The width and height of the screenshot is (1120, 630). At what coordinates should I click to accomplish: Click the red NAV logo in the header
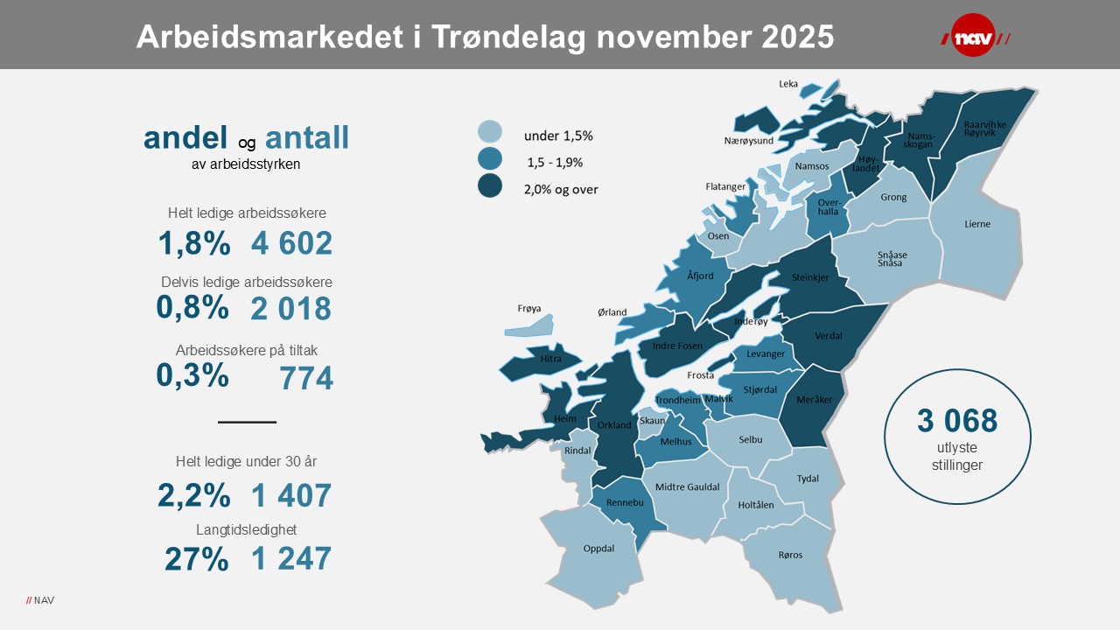pos(974,38)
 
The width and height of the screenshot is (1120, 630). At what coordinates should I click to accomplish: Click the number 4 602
pos(291,243)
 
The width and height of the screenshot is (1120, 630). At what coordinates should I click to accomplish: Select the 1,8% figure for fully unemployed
pos(194,243)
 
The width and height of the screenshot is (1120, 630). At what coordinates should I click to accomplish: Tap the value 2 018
pos(290,308)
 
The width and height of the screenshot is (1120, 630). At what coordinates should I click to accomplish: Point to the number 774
pos(306,378)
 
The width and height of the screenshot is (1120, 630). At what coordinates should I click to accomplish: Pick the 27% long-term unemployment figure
pos(197,558)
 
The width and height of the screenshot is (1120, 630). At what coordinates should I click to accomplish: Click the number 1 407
pos(291,495)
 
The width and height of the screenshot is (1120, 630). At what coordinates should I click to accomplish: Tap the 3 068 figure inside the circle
pos(957,421)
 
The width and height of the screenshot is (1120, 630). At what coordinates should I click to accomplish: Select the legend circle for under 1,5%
pos(490,132)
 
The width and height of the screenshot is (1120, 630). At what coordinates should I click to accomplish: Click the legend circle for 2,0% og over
pos(490,186)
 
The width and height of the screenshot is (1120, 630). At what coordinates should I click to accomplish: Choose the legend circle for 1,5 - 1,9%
pos(490,159)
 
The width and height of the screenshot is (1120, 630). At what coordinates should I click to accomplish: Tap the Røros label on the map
pos(790,555)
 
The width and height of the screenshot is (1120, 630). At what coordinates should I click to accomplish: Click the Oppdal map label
pos(598,549)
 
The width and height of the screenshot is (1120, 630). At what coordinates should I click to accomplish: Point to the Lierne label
pos(977,224)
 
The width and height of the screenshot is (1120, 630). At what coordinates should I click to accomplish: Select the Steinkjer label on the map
pos(809,277)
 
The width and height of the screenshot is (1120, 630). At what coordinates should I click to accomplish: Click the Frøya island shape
pos(530,326)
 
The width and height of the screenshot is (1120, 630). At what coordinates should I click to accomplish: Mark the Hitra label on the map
pos(550,359)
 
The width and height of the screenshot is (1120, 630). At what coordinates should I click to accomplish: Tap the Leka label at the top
pos(788,84)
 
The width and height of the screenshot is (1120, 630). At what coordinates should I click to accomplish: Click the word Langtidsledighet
pos(247,529)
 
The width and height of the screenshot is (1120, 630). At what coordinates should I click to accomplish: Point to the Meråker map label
pos(813,400)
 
